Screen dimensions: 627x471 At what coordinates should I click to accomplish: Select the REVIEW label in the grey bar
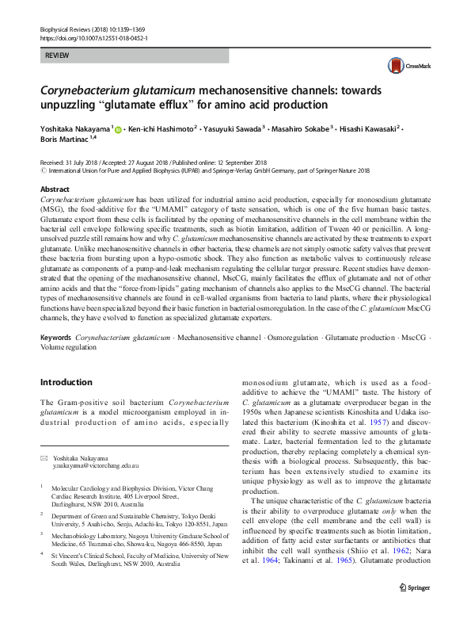click(x=58, y=55)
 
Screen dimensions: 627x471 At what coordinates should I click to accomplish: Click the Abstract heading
click(x=55, y=189)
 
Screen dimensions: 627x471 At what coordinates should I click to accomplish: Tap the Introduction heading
click(x=71, y=382)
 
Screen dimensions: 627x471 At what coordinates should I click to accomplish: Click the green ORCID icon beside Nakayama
click(x=119, y=128)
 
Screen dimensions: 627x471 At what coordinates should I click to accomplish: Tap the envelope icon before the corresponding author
click(x=44, y=457)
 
